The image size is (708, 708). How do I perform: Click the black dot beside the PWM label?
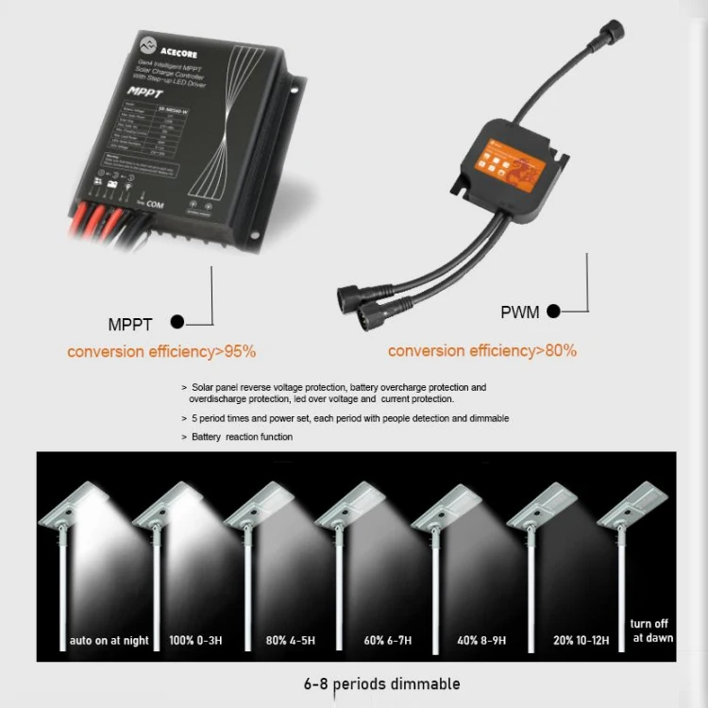click(x=554, y=311)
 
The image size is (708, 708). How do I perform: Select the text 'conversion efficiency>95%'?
click(x=161, y=351)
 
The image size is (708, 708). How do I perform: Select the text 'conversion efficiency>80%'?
click(x=482, y=350)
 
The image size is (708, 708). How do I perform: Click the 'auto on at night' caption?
click(x=110, y=641)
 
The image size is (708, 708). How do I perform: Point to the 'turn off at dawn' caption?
click(x=652, y=631)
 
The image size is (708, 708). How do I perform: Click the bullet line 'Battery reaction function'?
click(x=242, y=437)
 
